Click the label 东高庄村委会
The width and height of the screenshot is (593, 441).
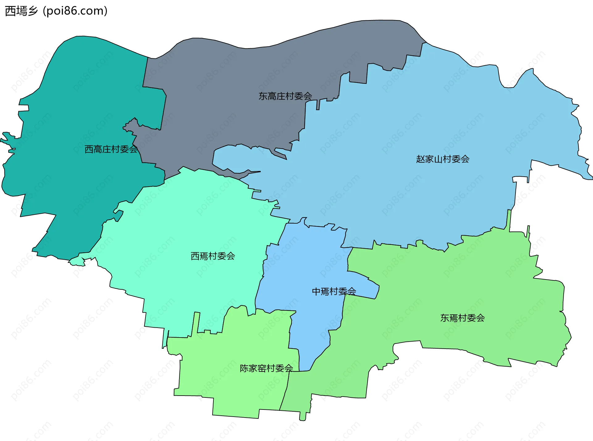coord(285,96)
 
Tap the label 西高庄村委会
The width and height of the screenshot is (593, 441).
coord(111,149)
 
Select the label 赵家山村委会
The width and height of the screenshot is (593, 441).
coord(443,159)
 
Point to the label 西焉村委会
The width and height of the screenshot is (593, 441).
coord(213,256)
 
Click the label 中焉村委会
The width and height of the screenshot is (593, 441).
coord(334,292)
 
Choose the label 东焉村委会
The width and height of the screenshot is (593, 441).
coord(462,318)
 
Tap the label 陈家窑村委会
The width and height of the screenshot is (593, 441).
coord(266,368)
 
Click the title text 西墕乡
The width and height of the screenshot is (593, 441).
coord(21,11)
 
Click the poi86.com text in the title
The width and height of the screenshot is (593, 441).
coord(75,11)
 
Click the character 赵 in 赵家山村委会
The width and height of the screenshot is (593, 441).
coord(420,159)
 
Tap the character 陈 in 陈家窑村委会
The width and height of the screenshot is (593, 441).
coord(244,368)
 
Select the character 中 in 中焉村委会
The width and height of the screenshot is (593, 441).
coord(316,292)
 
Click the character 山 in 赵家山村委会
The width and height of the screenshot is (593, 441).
coord(438,159)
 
